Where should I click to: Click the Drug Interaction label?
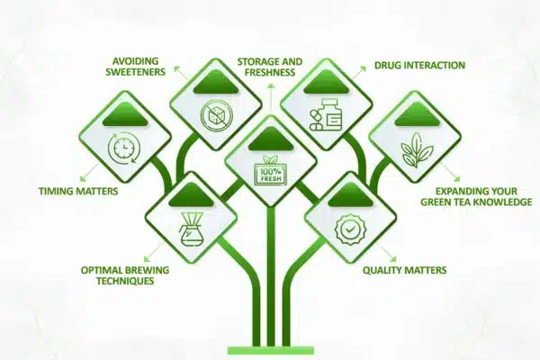tap(419, 66)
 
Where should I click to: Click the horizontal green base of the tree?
tap(270, 349)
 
